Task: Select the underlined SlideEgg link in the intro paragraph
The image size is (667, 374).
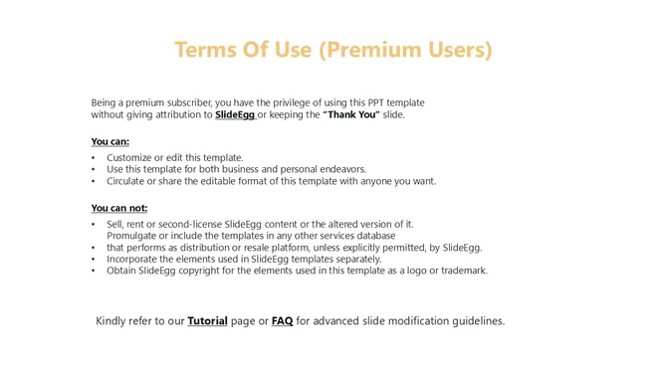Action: pyautogui.click(x=235, y=115)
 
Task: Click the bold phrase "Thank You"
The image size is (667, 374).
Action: pyautogui.click(x=349, y=115)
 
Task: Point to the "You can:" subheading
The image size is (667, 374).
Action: pyautogui.click(x=111, y=141)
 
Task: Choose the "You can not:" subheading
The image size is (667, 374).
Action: pyautogui.click(x=118, y=208)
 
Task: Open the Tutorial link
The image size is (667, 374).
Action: pyautogui.click(x=207, y=321)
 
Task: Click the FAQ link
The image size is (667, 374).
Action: pyautogui.click(x=282, y=321)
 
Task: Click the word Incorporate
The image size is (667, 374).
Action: pyautogui.click(x=136, y=259)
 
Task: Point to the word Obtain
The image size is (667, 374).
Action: pyautogui.click(x=123, y=271)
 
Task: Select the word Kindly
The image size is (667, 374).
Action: pyautogui.click(x=113, y=321)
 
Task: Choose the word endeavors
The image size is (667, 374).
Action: pyautogui.click(x=342, y=169)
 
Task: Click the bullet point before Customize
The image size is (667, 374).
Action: pyautogui.click(x=94, y=157)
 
